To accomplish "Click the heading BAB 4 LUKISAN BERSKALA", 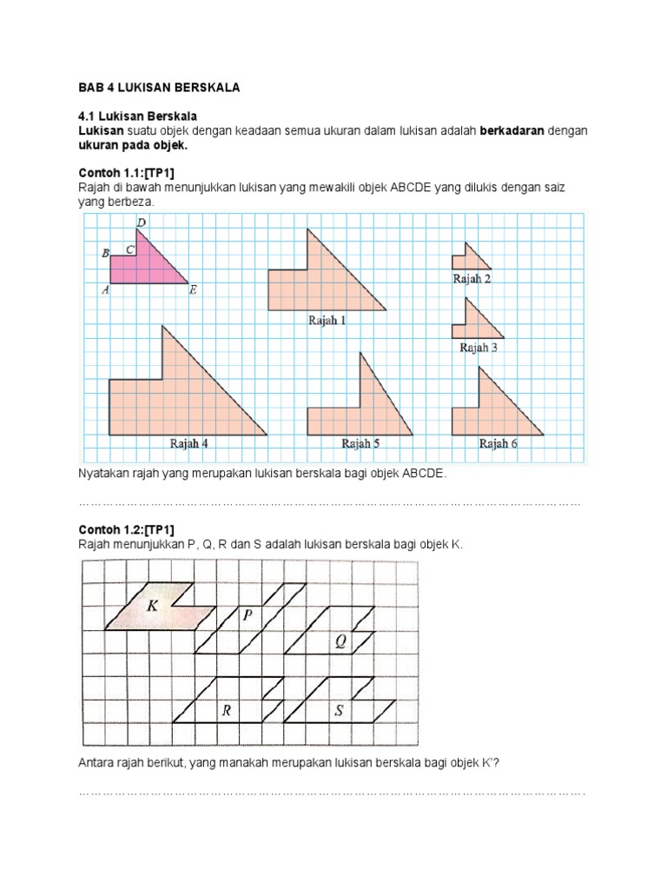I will pyautogui.click(x=159, y=88).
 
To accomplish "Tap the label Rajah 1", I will pyautogui.click(x=327, y=321).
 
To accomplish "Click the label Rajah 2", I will pyautogui.click(x=472, y=279).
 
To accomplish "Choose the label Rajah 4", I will pyautogui.click(x=188, y=443).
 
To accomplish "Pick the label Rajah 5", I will pyautogui.click(x=360, y=443).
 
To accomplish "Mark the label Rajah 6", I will pyautogui.click(x=499, y=443).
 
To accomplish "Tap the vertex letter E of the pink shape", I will pyautogui.click(x=192, y=291).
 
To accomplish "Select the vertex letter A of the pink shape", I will pyautogui.click(x=105, y=291).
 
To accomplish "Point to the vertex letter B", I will pyautogui.click(x=105, y=254).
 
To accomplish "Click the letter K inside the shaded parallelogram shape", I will pyautogui.click(x=153, y=606).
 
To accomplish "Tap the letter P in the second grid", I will pyautogui.click(x=248, y=615).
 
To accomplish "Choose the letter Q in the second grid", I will pyautogui.click(x=340, y=642).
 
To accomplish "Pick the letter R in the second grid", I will pyautogui.click(x=226, y=710).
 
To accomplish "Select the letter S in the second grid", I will pyautogui.click(x=340, y=710).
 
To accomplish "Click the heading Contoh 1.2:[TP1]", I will pyautogui.click(x=127, y=529).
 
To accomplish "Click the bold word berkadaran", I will pyautogui.click(x=516, y=130).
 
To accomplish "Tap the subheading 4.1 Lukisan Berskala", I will pyautogui.click(x=138, y=116).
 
